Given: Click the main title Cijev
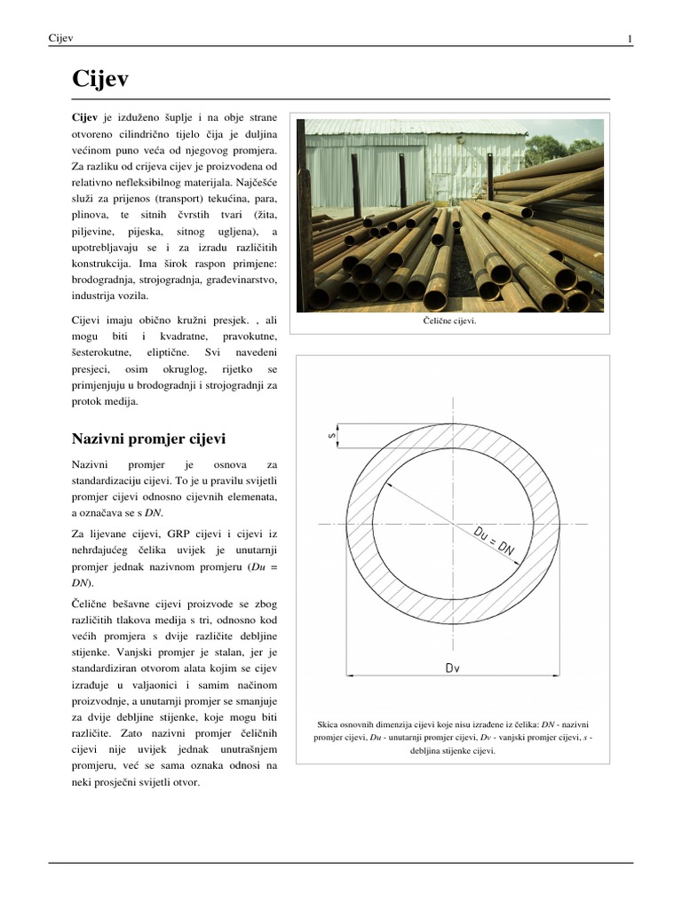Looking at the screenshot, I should click(x=99, y=80).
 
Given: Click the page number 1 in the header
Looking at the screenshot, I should click(x=629, y=38).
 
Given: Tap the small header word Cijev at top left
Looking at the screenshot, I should click(x=60, y=38).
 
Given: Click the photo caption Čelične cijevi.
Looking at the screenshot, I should click(x=450, y=321).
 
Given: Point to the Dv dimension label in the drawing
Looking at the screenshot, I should click(x=453, y=672).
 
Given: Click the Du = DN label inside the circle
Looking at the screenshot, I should click(x=495, y=541).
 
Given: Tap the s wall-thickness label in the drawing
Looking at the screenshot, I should click(x=332, y=435).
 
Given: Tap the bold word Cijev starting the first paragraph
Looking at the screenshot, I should click(x=84, y=117).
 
